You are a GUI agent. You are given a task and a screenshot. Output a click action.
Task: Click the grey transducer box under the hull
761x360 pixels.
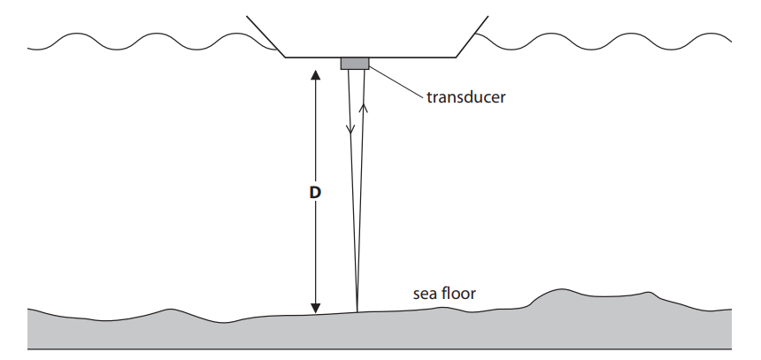355,63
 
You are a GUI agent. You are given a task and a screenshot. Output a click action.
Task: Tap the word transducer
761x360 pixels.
465,97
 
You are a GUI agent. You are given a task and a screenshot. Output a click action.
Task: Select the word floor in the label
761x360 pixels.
460,292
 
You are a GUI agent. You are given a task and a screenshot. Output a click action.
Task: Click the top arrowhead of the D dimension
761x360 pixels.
314,73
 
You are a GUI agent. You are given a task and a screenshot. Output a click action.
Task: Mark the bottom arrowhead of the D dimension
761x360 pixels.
314,307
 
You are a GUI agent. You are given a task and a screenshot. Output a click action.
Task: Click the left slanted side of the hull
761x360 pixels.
265,36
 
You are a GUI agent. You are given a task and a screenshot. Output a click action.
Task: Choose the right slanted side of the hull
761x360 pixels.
472,36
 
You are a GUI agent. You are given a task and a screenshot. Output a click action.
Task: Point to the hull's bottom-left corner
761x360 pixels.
285,57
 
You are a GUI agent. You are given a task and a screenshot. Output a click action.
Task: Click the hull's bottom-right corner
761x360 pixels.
456,57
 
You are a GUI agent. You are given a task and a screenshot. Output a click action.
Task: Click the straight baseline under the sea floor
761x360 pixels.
380,349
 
